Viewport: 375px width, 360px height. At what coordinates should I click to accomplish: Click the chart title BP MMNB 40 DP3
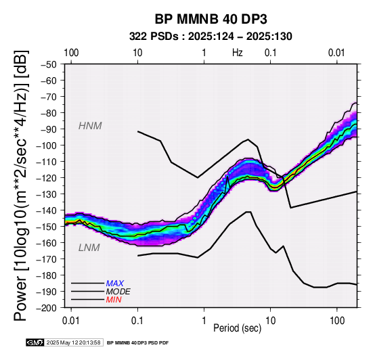(x=211, y=19)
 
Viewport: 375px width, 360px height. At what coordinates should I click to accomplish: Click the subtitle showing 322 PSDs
(x=211, y=37)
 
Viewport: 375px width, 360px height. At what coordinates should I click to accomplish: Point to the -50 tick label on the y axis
(x=49, y=64)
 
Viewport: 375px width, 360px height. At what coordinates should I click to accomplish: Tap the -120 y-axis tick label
(x=47, y=178)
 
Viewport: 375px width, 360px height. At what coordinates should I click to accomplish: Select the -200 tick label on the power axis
(x=47, y=308)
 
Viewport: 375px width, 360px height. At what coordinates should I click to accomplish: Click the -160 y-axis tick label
(x=47, y=243)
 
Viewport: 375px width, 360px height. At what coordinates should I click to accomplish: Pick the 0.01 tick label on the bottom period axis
(x=71, y=321)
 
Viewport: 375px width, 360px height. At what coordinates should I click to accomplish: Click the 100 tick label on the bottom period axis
(x=337, y=321)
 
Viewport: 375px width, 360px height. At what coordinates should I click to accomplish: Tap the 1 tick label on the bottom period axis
(x=204, y=321)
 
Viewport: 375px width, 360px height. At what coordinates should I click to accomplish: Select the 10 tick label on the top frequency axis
(x=137, y=53)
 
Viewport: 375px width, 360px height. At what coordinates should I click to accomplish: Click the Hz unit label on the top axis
(x=238, y=53)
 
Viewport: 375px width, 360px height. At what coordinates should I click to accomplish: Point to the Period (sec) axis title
(x=237, y=328)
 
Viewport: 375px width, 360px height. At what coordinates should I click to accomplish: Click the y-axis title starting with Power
(x=21, y=186)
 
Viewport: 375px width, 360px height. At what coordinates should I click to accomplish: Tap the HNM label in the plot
(x=90, y=126)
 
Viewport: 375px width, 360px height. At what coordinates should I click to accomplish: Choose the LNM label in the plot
(x=89, y=248)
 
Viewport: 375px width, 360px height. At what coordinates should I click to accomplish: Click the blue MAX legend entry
(x=115, y=284)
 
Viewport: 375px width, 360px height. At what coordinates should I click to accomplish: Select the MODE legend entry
(x=118, y=292)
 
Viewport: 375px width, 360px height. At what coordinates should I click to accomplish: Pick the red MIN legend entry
(x=114, y=300)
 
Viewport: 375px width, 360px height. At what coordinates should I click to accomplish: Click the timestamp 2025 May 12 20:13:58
(x=73, y=343)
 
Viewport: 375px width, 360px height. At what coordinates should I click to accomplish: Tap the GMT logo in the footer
(x=35, y=343)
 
